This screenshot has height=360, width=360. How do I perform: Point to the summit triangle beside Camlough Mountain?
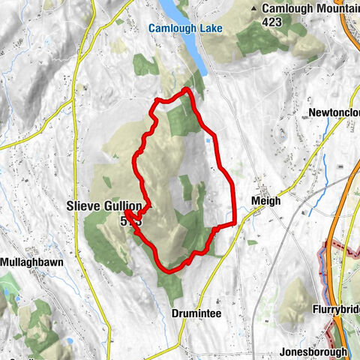[x=265, y=8]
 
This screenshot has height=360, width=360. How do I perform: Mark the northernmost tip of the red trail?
[x=185, y=89]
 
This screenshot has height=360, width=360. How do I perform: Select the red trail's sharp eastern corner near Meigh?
[x=235, y=222]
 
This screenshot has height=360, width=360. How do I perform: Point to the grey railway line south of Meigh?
[x=259, y=285]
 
